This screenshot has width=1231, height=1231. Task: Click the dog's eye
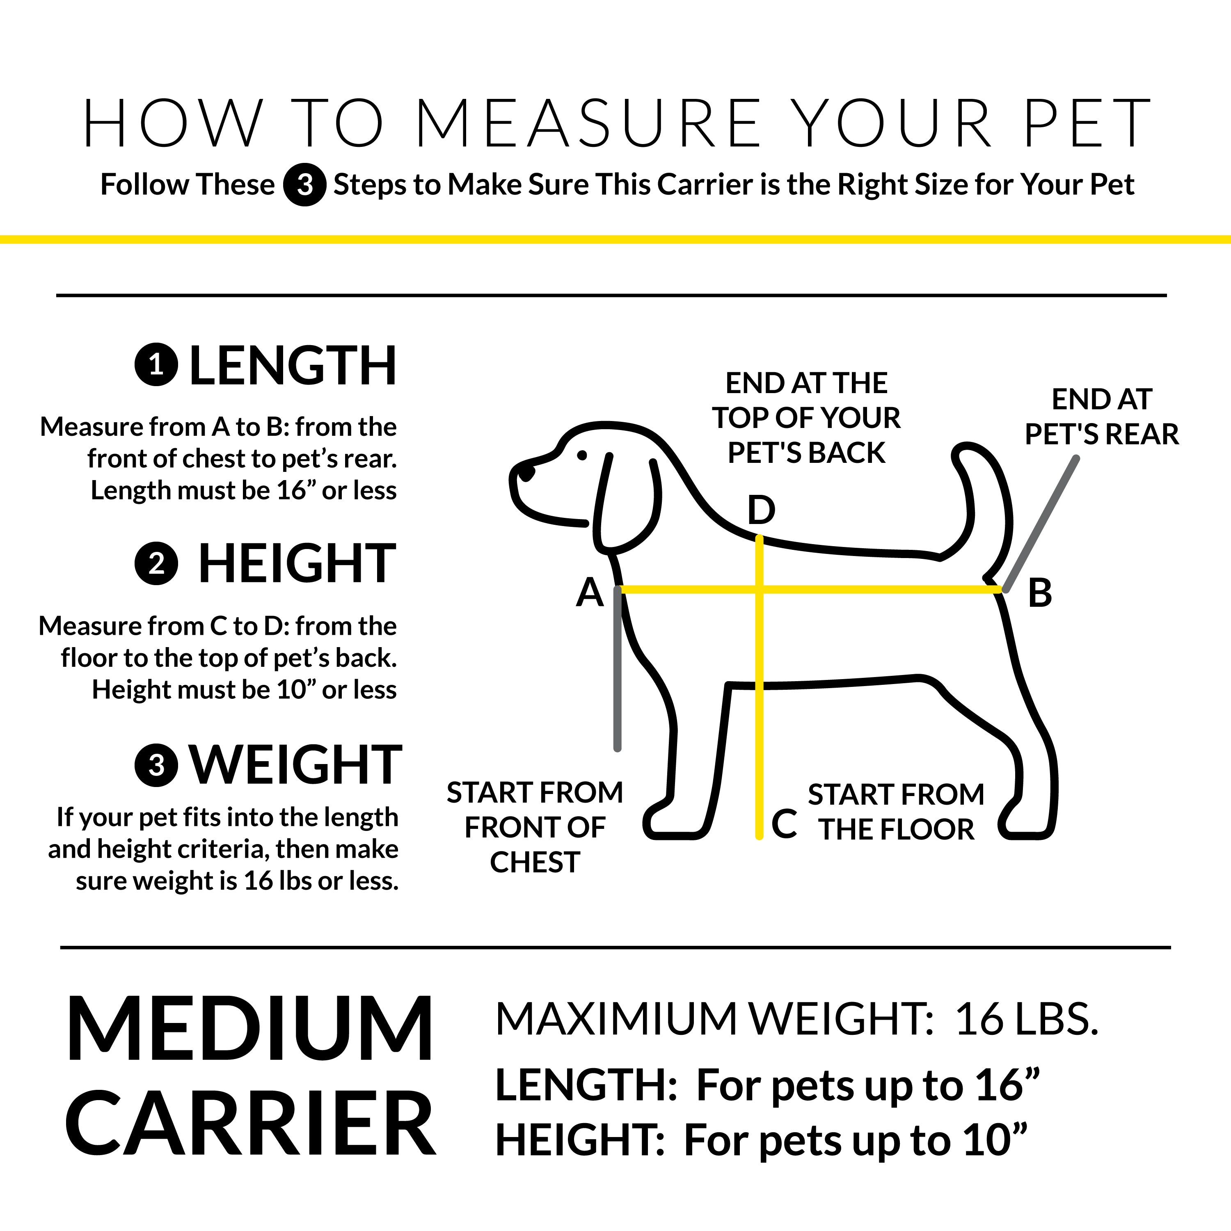pyautogui.click(x=582, y=455)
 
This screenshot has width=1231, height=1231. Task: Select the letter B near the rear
pyautogui.click(x=1039, y=593)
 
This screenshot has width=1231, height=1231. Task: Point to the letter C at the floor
pyautogui.click(x=784, y=824)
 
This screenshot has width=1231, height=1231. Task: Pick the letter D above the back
pyautogui.click(x=761, y=510)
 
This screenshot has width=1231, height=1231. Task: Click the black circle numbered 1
pyautogui.click(x=156, y=365)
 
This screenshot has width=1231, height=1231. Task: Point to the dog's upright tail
pyautogui.click(x=984, y=503)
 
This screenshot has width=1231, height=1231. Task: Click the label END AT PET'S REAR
pyautogui.click(x=1101, y=417)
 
